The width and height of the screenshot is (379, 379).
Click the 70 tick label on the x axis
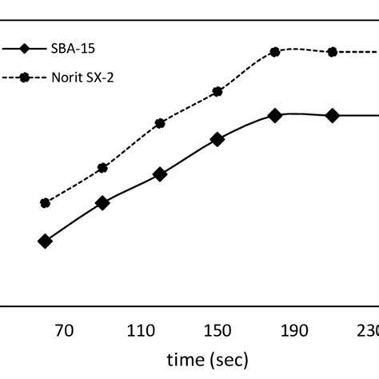pos(64,330)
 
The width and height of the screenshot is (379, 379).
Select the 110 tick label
pos(141,330)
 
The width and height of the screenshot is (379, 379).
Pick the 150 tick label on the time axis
pos(217,330)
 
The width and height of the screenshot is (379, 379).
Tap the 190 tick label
pos(294,330)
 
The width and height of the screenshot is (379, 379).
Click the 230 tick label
pos(367,330)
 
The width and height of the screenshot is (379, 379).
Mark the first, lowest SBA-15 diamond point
pos(45,241)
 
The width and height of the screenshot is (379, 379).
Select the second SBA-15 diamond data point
pos(102,203)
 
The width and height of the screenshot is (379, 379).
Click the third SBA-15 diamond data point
pos(160,174)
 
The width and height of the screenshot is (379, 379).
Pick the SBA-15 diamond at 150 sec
pos(217,139)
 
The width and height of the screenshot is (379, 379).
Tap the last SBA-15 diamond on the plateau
pos(333,116)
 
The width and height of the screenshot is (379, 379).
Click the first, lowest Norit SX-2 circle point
pos(45,203)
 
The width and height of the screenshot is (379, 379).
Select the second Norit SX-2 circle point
pos(102,168)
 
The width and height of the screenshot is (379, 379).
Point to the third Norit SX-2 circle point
pos(160,123)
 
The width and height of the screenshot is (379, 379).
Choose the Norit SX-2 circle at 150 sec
pos(217,93)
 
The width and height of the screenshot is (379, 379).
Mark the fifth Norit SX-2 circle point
pos(275,51)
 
